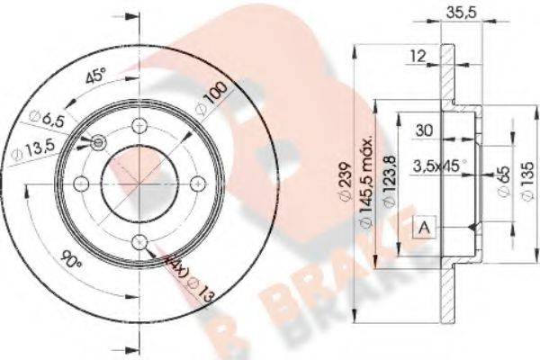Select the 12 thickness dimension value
[416, 57]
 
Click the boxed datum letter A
[422, 229]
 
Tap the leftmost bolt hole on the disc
[81, 184]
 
